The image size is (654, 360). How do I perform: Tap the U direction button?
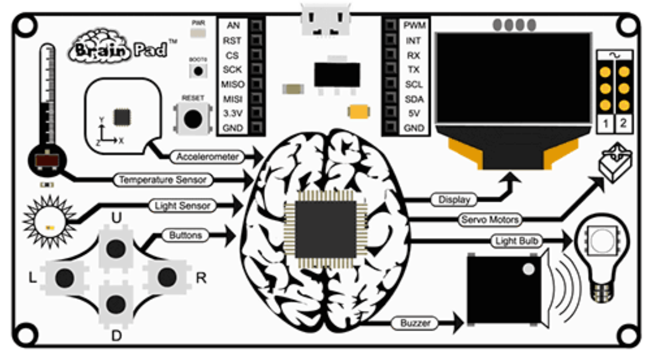click(x=116, y=249)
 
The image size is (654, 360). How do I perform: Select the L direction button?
click(x=65, y=277)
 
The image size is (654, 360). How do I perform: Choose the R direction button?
click(x=167, y=276)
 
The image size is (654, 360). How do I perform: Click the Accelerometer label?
click(x=207, y=157)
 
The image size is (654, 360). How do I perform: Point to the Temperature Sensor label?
click(x=162, y=180)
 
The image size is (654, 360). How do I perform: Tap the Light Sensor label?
click(x=182, y=205)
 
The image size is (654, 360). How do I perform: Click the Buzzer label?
click(x=415, y=323)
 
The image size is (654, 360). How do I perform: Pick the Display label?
click(x=454, y=200)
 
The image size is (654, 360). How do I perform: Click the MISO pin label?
click(x=233, y=84)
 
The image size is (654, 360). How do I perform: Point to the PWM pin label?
click(x=414, y=26)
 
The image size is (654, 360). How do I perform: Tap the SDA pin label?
click(x=414, y=99)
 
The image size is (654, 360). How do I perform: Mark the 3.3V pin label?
click(x=233, y=113)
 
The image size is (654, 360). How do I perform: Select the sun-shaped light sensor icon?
click(x=49, y=221)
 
